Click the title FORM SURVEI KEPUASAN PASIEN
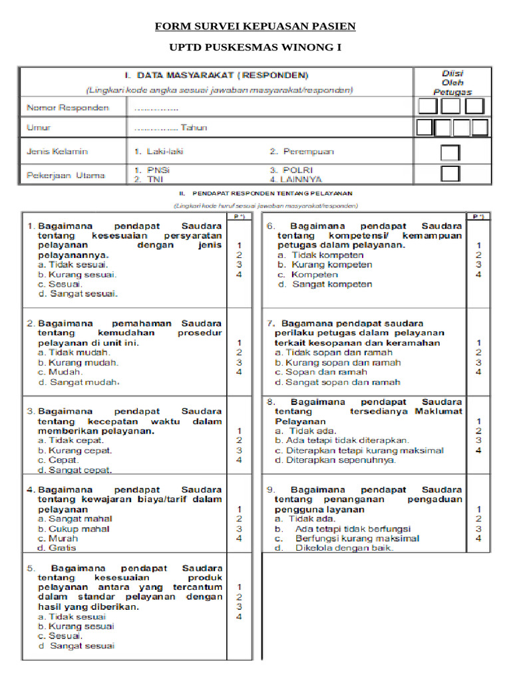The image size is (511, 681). click(255, 27)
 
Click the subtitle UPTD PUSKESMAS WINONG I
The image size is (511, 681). click(255, 49)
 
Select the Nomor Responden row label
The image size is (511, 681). click(67, 108)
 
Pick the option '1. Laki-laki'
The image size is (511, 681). click(160, 152)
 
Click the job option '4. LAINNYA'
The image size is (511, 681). click(296, 180)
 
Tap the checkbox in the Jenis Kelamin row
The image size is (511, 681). click(450, 152)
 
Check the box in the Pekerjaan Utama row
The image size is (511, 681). click(450, 174)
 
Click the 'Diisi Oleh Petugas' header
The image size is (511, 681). click(453, 82)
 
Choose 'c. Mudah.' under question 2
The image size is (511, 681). click(61, 372)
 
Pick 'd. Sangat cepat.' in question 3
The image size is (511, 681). click(75, 470)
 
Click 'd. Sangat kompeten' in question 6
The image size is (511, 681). click(324, 284)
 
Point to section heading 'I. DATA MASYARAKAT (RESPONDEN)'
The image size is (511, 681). click(217, 75)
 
